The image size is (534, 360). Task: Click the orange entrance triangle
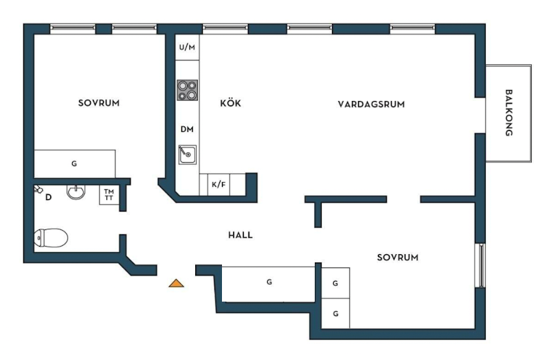[x=177, y=283]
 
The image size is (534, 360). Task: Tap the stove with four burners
[x=187, y=90]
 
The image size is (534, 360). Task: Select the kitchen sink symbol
[x=188, y=155]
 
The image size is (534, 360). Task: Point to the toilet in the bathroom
[x=51, y=238]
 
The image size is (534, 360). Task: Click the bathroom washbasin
[x=76, y=192]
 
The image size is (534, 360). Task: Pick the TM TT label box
[x=109, y=195]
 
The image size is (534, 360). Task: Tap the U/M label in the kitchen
[x=187, y=47]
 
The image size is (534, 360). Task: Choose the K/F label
[x=219, y=185]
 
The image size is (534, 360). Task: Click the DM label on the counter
[x=187, y=129]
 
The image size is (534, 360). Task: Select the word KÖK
[x=230, y=103]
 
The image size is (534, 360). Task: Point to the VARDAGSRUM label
[x=371, y=104]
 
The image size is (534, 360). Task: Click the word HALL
[x=241, y=235]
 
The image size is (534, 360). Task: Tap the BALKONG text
[x=509, y=113]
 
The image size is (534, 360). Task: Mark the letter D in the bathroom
[x=48, y=197]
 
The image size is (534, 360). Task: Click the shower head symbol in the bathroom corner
[x=38, y=189]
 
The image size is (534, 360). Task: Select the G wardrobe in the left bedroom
[x=75, y=164]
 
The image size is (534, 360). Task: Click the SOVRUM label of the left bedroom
[x=99, y=103]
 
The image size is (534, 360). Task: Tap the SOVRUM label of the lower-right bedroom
[x=398, y=258]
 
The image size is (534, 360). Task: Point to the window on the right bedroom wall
[x=480, y=266]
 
